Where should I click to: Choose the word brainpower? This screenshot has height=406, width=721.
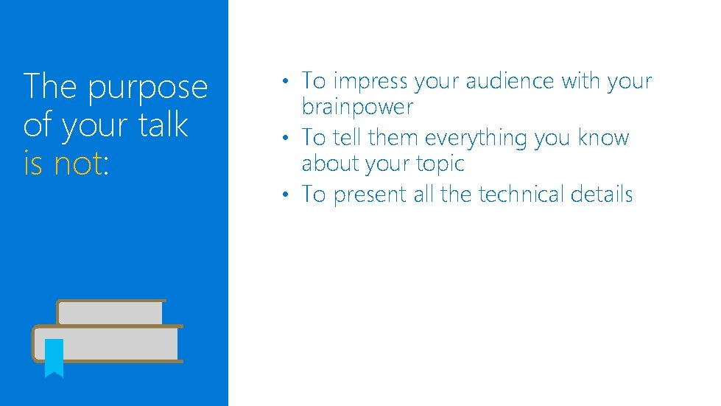[357, 108]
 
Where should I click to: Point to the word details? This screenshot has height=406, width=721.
[603, 195]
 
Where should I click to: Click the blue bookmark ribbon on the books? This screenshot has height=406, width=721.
[54, 357]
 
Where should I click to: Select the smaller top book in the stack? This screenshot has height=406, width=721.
[110, 312]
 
